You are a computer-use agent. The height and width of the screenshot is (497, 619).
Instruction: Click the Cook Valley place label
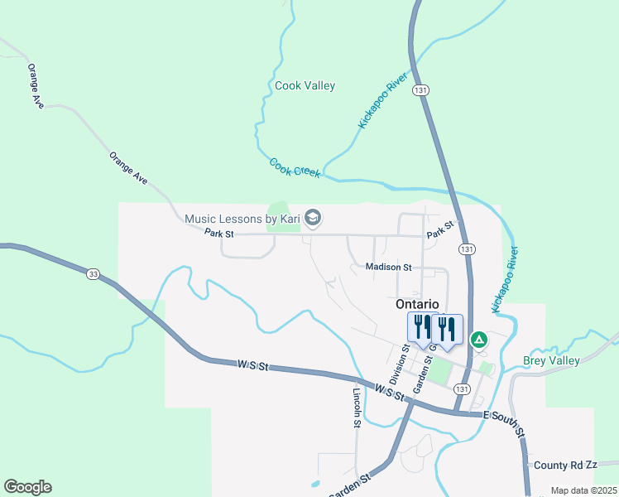click(305, 85)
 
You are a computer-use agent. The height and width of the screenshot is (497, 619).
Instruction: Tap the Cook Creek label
click(295, 166)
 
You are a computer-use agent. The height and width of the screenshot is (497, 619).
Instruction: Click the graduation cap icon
click(313, 219)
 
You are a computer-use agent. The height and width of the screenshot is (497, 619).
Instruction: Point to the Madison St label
click(389, 268)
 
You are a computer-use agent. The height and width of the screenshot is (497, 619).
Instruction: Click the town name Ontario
click(417, 304)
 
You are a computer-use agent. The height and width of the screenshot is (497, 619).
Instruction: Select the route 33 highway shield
click(92, 274)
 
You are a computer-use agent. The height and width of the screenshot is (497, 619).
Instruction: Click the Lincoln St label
click(357, 408)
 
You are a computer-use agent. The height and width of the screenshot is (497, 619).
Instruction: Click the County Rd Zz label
click(566, 466)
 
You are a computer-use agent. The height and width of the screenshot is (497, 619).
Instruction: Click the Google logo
click(27, 487)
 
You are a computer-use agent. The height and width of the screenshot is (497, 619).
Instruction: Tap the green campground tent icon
click(478, 340)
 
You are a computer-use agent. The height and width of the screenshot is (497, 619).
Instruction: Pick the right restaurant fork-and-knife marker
click(447, 328)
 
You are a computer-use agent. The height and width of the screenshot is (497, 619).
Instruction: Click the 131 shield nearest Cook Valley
click(422, 90)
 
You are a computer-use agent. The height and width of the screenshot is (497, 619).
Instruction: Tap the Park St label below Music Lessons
click(219, 234)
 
